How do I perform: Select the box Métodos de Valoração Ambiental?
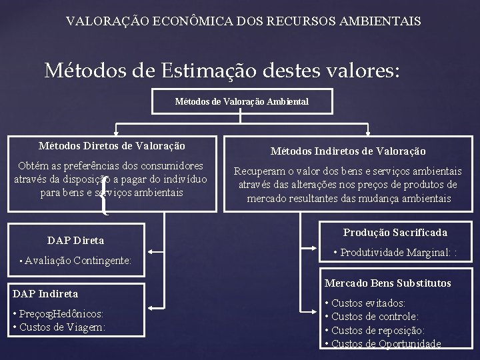(x=241, y=102)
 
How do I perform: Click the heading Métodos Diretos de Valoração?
(x=112, y=145)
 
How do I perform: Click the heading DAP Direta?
(x=76, y=240)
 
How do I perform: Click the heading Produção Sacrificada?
(x=395, y=232)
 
